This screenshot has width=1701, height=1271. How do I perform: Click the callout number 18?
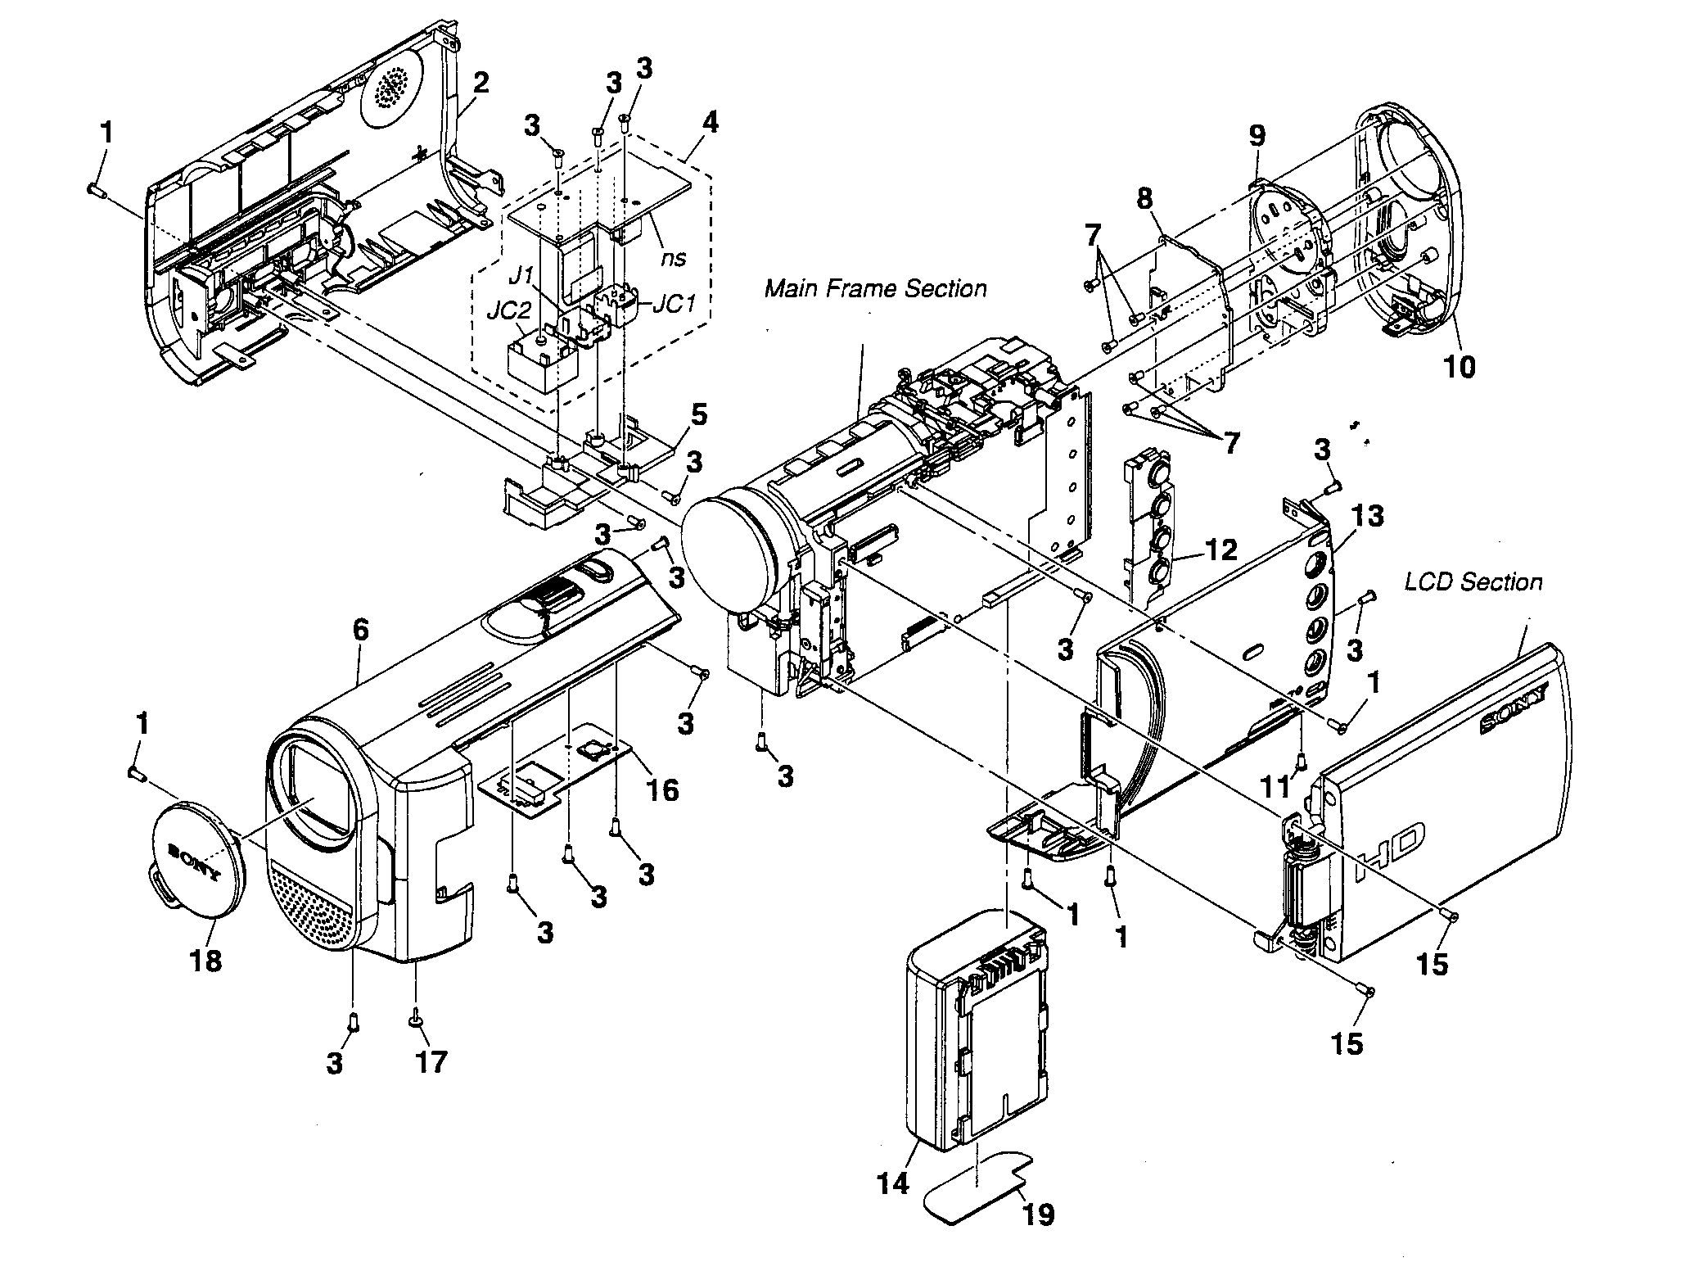pyautogui.click(x=205, y=959)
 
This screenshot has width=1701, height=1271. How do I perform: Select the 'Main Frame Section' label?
pyautogui.click(x=875, y=289)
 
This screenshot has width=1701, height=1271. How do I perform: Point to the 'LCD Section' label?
pyautogui.click(x=1473, y=582)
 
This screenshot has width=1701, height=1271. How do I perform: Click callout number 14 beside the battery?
pyautogui.click(x=893, y=1183)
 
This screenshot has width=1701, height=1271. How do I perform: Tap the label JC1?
pyautogui.click(x=675, y=304)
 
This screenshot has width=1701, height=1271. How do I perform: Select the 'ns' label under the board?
pyautogui.click(x=673, y=258)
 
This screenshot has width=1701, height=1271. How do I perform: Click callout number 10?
pyautogui.click(x=1459, y=366)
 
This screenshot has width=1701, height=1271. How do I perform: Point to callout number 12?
pyautogui.click(x=1220, y=550)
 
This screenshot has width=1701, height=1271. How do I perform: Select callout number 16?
pyautogui.click(x=661, y=789)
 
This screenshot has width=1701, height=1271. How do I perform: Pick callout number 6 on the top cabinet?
pyautogui.click(x=360, y=630)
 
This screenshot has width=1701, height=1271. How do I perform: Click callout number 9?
pyautogui.click(x=1257, y=134)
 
